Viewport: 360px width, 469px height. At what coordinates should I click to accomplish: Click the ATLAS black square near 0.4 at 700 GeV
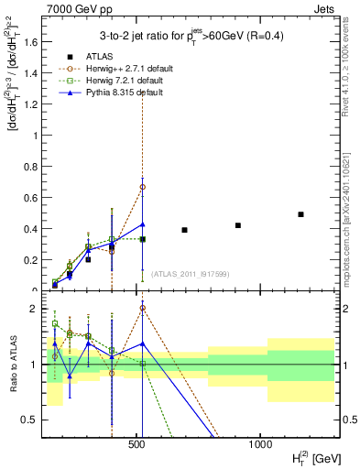[x=184, y=230]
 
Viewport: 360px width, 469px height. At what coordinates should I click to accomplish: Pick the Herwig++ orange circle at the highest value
[x=143, y=187]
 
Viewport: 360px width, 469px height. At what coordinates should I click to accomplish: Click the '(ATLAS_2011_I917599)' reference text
[x=190, y=274]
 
